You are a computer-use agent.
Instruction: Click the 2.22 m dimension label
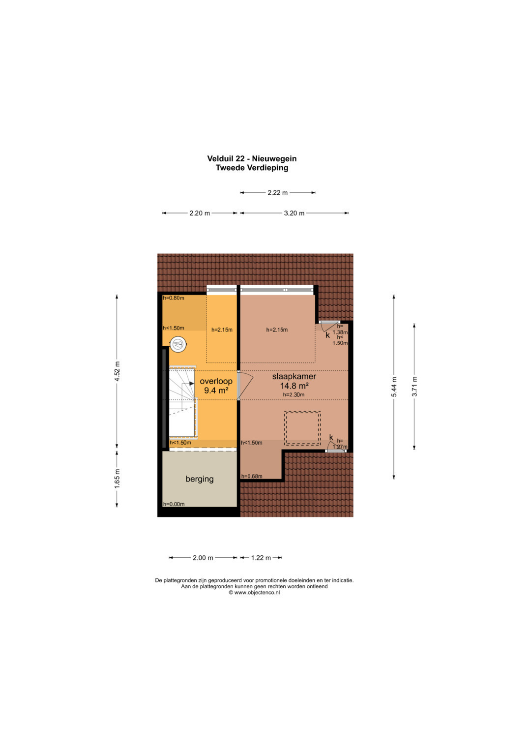pos(278,193)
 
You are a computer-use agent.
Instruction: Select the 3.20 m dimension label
pos(295,213)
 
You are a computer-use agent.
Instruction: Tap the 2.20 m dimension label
pos(200,213)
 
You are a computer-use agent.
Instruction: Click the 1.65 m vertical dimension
pos(117,479)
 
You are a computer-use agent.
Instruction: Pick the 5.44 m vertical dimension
pos(394,387)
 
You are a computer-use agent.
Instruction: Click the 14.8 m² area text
pos(295,386)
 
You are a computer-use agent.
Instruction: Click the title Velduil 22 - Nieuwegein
pos(252,158)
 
